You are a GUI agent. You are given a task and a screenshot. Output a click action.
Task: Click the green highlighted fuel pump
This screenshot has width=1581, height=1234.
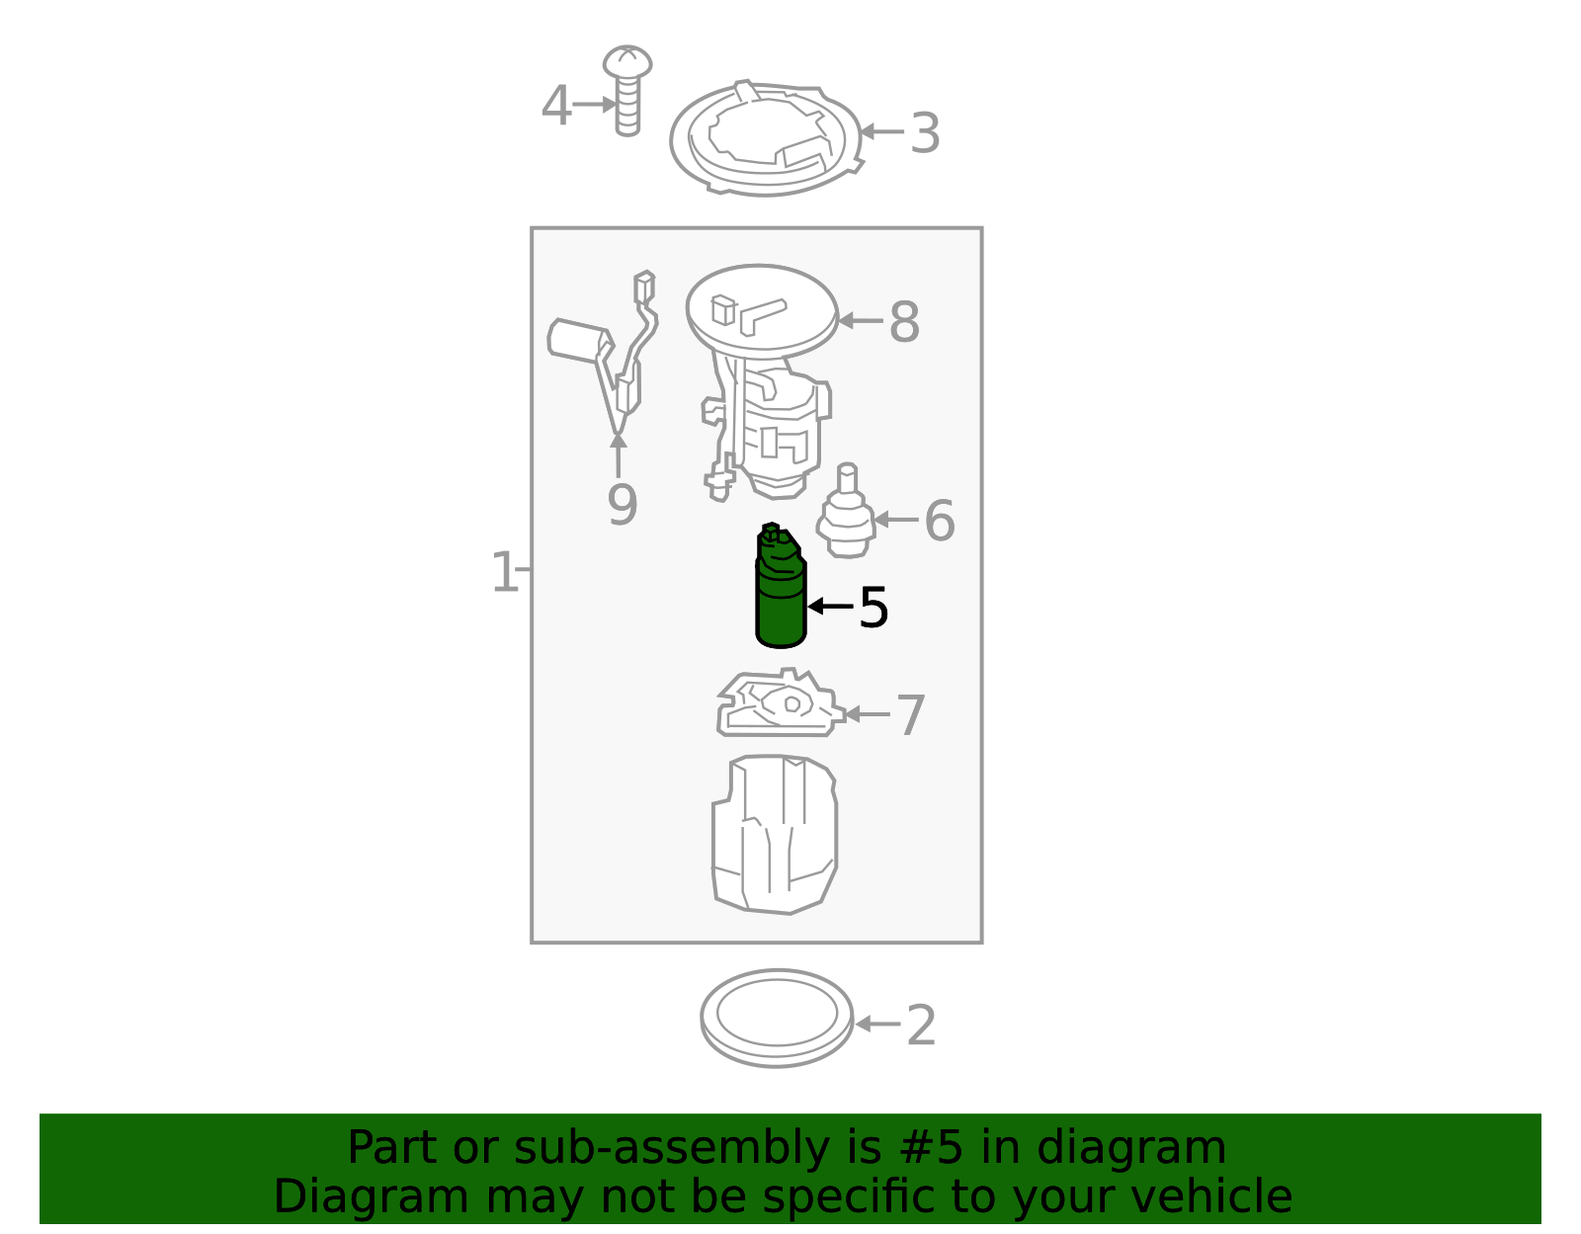[781, 598]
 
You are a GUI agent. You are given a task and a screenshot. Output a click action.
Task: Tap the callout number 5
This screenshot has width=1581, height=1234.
[874, 608]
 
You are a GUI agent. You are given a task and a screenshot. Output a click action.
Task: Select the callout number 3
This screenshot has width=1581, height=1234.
[925, 133]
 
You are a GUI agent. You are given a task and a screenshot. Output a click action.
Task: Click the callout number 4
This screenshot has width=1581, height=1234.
[556, 106]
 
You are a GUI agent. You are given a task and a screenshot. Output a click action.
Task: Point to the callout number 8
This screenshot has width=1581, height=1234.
[904, 322]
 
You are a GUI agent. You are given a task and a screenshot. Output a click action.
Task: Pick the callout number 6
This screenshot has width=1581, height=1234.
[939, 521]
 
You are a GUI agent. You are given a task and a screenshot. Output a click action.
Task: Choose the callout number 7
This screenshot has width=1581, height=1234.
[910, 715]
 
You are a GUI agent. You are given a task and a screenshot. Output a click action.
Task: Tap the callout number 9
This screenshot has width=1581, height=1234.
[622, 505]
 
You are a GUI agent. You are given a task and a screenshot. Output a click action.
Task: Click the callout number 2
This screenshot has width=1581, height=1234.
[921, 1026]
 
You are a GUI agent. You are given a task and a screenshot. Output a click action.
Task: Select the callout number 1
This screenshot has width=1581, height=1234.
[503, 572]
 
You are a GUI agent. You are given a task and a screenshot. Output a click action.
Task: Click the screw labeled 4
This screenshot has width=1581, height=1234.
[627, 89]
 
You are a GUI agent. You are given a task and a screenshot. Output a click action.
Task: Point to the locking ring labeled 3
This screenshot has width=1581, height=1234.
[766, 138]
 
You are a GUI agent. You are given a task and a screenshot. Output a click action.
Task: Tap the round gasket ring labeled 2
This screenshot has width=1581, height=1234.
[777, 1018]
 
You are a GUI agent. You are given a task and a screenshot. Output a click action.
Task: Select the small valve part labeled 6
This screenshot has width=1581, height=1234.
[846, 514]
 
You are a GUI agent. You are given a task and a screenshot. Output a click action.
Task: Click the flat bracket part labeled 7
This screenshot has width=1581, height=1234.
[779, 707]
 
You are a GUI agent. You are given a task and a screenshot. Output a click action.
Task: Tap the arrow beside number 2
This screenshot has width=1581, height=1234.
[877, 1025]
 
